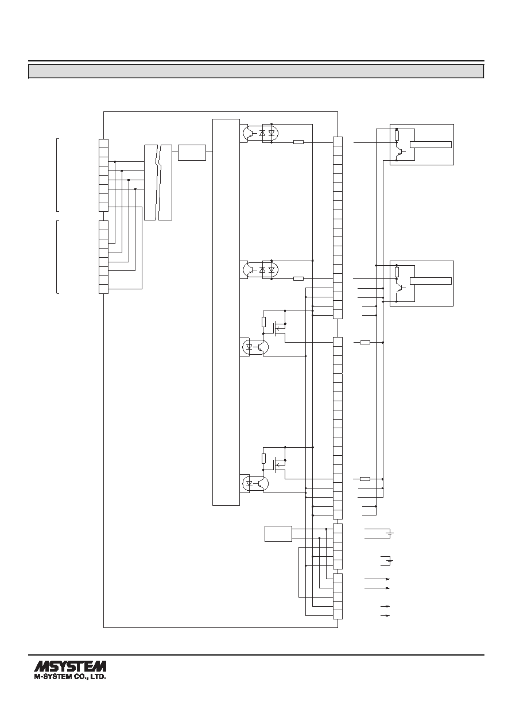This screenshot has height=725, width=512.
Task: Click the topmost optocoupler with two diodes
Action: pyautogui.click(x=261, y=133)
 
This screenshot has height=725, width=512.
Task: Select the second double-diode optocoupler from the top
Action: pyautogui.click(x=261, y=270)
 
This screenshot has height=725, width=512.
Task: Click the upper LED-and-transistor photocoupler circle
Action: pyautogui.click(x=255, y=347)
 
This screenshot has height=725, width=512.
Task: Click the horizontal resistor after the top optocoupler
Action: pyautogui.click(x=298, y=142)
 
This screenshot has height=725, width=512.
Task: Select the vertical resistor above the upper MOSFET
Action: pyautogui.click(x=264, y=322)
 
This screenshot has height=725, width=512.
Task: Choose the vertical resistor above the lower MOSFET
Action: pyautogui.click(x=264, y=459)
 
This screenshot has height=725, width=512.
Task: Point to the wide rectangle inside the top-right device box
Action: pyautogui.click(x=430, y=144)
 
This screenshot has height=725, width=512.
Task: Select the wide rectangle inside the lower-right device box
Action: pyautogui.click(x=430, y=281)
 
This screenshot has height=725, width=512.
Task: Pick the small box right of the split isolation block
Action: pyautogui.click(x=192, y=153)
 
